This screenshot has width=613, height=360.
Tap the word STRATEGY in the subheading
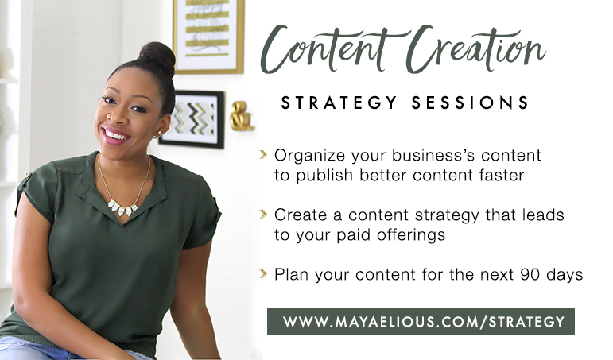(x=339, y=103)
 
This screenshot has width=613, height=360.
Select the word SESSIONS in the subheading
(x=470, y=103)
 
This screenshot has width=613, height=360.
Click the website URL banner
(x=421, y=321)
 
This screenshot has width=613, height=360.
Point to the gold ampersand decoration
(x=241, y=116)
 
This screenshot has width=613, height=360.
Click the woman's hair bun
(x=157, y=58)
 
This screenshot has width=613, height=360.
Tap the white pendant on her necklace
(x=122, y=208)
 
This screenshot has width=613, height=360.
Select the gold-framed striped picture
(x=208, y=37)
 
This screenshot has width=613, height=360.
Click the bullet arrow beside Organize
(x=263, y=155)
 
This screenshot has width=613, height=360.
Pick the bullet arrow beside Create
(x=263, y=215)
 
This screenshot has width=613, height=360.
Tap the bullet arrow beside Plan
(x=263, y=273)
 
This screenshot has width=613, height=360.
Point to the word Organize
(x=309, y=156)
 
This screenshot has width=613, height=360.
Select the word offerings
(x=411, y=235)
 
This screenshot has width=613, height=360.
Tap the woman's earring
(x=159, y=135)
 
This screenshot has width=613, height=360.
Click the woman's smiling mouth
(x=115, y=136)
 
